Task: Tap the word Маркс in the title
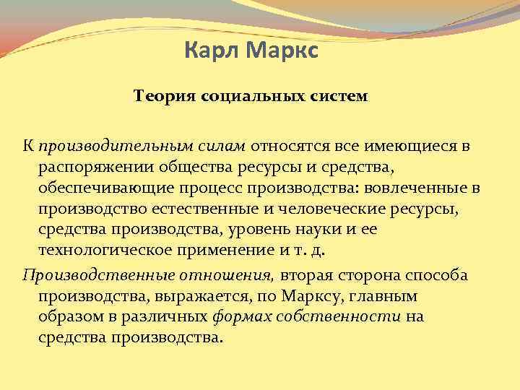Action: (x=279, y=51)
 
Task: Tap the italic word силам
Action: (x=221, y=147)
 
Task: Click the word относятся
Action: (x=292, y=147)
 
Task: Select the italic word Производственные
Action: (x=92, y=275)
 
